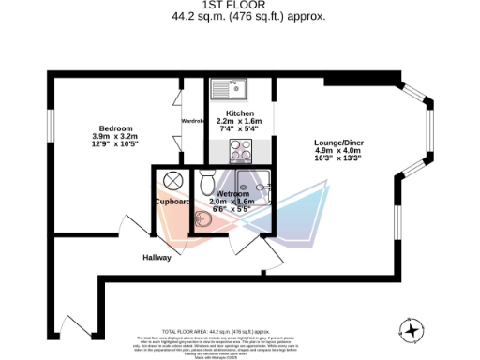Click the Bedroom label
[117, 127]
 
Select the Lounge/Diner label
[338, 142]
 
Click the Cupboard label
[172, 202]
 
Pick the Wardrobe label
[192, 120]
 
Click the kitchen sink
[229, 89]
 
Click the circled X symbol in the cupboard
[172, 180]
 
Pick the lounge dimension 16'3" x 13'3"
[338, 158]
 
